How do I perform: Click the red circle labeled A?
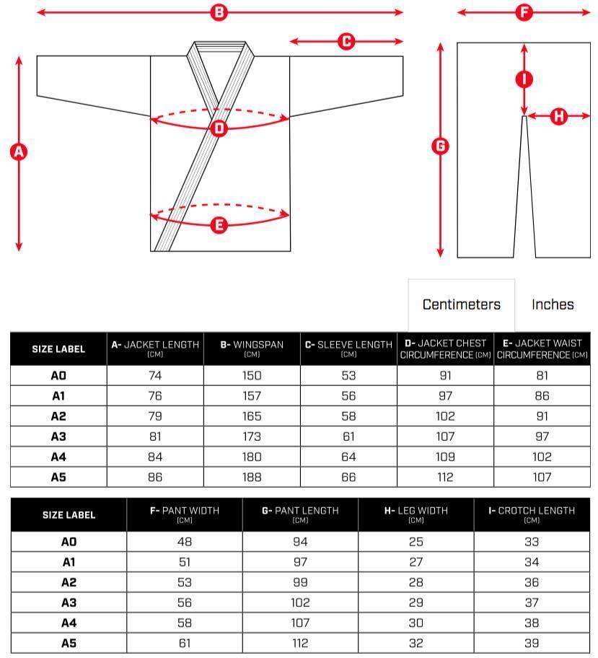click(19, 152)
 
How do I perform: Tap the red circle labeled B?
click(219, 12)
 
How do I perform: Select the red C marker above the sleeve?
click(346, 42)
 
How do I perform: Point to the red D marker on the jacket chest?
click(220, 128)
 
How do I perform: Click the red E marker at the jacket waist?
click(220, 224)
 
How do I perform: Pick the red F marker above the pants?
click(524, 12)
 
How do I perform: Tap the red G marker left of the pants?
click(440, 146)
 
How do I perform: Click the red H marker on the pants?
click(558, 115)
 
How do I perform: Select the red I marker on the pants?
click(524, 79)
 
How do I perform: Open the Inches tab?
click(553, 304)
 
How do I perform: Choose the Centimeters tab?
click(461, 304)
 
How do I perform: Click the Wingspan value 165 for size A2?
click(252, 416)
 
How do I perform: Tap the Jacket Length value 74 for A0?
click(155, 375)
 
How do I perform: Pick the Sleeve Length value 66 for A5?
click(348, 477)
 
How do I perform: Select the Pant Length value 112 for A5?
click(300, 643)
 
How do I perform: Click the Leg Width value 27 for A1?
click(416, 562)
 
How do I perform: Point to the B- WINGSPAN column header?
click(252, 348)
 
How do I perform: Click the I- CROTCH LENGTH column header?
click(532, 514)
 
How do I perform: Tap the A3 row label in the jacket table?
click(58, 437)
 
